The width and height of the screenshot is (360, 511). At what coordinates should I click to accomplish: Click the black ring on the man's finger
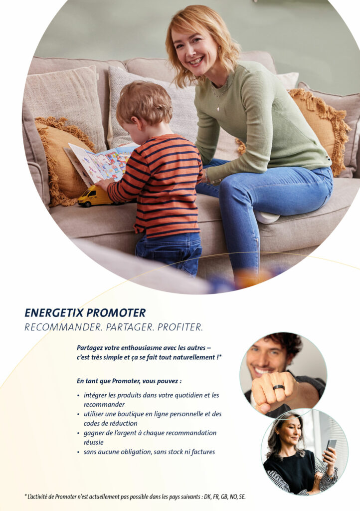coord(279,387)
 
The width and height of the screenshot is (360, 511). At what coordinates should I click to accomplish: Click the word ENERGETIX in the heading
coord(54,313)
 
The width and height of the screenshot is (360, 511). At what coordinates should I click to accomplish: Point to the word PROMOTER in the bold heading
coord(116,313)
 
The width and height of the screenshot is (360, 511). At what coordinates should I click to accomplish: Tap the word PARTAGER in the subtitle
coord(130,327)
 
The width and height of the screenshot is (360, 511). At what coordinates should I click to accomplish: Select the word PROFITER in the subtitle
coord(180,327)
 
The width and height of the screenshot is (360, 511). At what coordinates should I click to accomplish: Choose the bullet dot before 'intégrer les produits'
coord(78,396)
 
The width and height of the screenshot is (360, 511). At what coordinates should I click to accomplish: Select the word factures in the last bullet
coord(203,452)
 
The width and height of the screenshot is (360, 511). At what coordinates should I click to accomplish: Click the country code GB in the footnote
coord(224,497)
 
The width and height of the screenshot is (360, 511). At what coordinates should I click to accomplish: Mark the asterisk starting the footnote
coord(26,496)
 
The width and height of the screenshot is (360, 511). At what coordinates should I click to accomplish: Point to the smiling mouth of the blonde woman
coord(196,61)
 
